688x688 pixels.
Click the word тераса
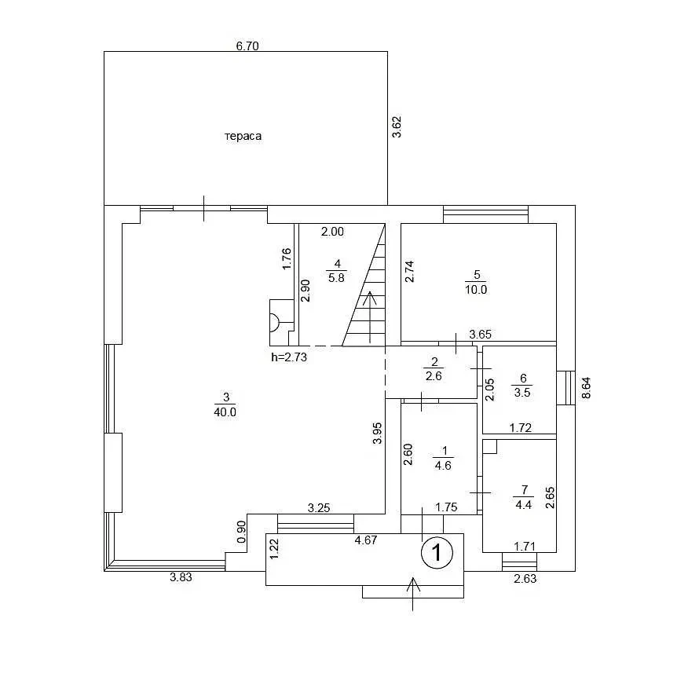tap(243, 136)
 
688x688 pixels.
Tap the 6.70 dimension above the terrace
tap(247, 46)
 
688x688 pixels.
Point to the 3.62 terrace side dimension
tap(397, 126)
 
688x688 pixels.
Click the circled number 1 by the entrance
tap(437, 552)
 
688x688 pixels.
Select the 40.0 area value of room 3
tap(225, 412)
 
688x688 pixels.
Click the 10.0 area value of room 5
tap(476, 290)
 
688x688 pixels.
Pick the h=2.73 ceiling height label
tap(289, 357)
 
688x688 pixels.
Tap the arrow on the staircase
tap(370, 317)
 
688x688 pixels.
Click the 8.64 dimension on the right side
tap(586, 388)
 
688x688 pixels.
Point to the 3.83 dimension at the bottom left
tap(181, 577)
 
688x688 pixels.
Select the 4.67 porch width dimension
tap(366, 540)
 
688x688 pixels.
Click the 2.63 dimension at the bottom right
tap(525, 578)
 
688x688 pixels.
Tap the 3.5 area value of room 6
tap(522, 392)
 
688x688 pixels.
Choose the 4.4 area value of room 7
tap(523, 504)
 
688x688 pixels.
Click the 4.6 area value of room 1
tap(443, 465)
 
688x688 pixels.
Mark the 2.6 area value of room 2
tap(434, 375)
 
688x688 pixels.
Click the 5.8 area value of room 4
tap(337, 277)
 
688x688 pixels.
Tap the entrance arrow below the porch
tap(413, 595)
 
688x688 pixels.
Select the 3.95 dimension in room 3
tap(377, 433)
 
